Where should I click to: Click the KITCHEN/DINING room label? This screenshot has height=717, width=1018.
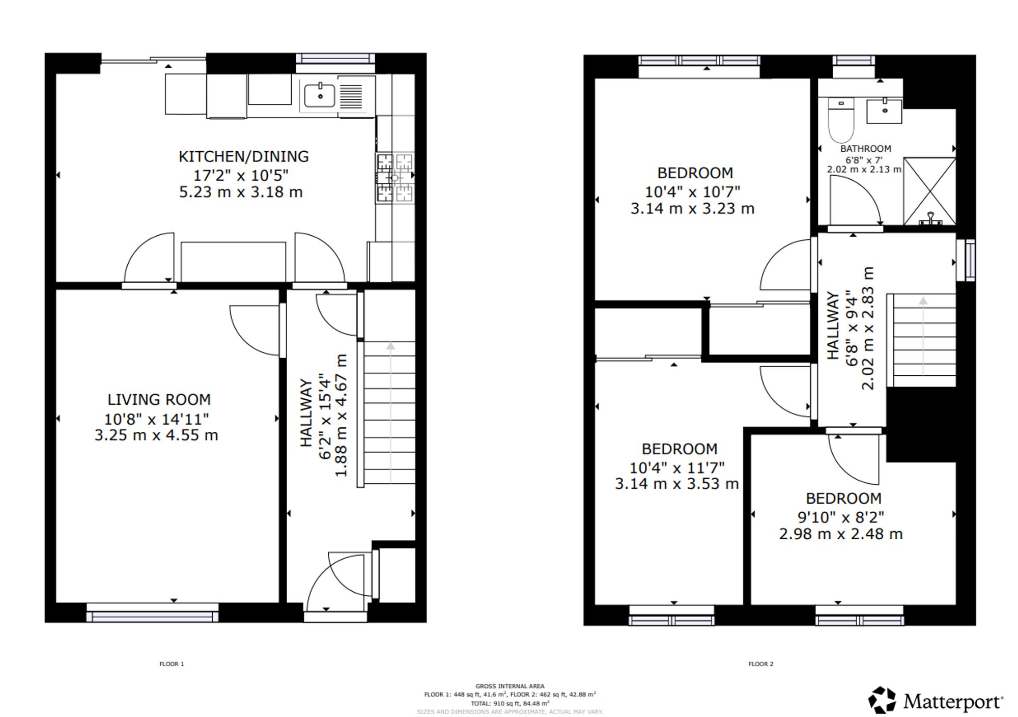[243, 156]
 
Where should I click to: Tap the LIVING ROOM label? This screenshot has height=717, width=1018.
[159, 400]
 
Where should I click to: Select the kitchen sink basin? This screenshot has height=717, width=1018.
[320, 95]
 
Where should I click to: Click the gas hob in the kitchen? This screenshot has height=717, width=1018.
[394, 178]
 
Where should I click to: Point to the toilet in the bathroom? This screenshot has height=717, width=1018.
[841, 120]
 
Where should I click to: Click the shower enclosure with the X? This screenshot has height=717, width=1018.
[929, 191]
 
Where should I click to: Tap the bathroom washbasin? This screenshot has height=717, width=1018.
[885, 110]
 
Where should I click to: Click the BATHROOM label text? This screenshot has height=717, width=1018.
[865, 149]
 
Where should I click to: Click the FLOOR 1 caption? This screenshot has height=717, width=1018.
[172, 664]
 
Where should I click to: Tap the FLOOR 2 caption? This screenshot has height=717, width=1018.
[760, 664]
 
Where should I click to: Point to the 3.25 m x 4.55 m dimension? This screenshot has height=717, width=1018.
[156, 435]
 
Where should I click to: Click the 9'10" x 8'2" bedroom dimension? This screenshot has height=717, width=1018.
[841, 517]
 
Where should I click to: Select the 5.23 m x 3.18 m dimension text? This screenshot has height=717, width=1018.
[241, 192]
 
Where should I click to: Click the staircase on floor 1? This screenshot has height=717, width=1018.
[390, 412]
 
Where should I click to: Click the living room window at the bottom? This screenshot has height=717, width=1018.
[152, 613]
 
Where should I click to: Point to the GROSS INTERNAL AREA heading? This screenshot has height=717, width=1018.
[510, 686]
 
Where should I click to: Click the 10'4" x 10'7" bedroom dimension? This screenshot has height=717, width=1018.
[692, 192]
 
